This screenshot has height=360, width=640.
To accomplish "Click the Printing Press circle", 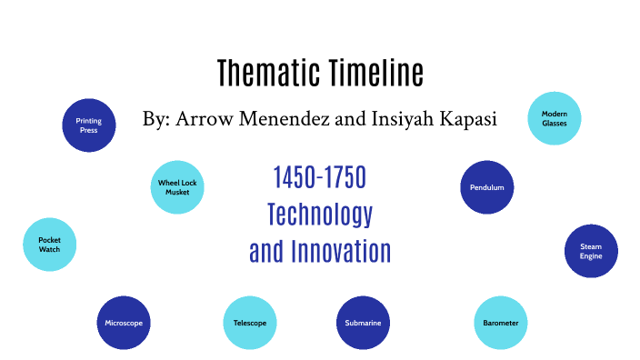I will (x=89, y=125).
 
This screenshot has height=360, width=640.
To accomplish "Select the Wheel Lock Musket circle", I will (x=177, y=187).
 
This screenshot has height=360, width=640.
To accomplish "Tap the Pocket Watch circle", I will (x=49, y=245).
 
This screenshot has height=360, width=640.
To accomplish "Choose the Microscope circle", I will (x=123, y=323).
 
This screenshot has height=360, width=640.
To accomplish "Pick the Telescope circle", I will (x=249, y=323).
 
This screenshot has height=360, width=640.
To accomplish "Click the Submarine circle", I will (x=363, y=323).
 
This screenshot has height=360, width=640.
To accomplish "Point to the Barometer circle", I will (x=501, y=323).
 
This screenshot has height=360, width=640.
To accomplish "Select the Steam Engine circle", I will (x=591, y=251).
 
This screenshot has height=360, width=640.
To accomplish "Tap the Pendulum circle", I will (x=487, y=187).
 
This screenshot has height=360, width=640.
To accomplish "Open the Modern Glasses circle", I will (x=555, y=117).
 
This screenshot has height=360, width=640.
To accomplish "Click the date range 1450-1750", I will (x=319, y=177).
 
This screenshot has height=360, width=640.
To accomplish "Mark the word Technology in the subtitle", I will (x=320, y=214).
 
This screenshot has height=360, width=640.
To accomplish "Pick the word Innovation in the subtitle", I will (x=340, y=250).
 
